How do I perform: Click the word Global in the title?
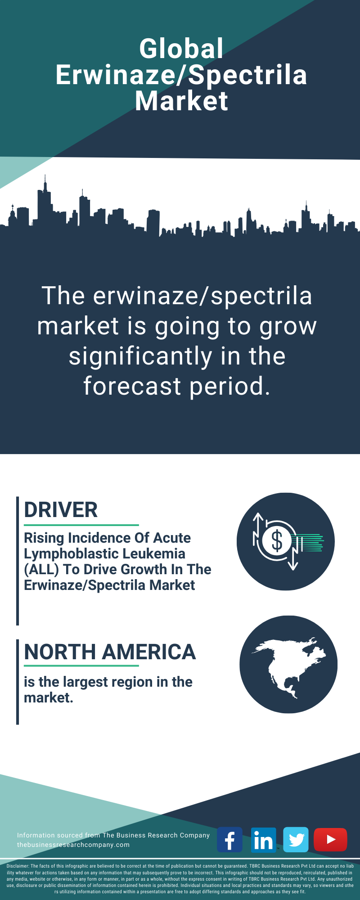(181, 49)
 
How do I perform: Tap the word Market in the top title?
(181, 101)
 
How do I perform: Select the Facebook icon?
(229, 840)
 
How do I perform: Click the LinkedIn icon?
(263, 840)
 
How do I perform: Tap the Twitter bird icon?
(296, 840)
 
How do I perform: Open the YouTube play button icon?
(330, 840)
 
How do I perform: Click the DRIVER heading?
(61, 510)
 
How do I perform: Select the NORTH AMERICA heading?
(110, 652)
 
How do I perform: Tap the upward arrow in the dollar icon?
(258, 529)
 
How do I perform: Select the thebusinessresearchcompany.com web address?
(73, 845)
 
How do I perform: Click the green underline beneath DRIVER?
(81, 525)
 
